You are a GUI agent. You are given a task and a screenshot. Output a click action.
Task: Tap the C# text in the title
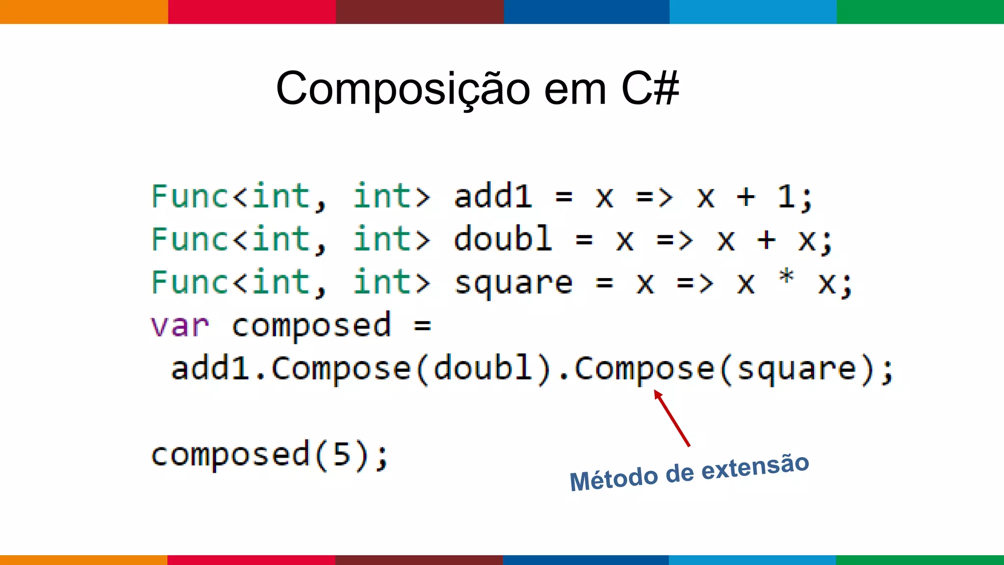click(650, 88)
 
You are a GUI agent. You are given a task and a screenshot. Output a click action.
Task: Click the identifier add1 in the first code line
click(493, 197)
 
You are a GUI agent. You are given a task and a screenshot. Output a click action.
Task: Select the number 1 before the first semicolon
click(786, 197)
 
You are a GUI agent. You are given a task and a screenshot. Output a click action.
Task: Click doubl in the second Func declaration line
click(502, 239)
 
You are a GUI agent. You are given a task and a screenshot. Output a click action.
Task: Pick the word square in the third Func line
click(513, 283)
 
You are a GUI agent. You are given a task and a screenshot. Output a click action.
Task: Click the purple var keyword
click(180, 326)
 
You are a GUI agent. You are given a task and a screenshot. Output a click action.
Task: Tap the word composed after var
click(311, 326)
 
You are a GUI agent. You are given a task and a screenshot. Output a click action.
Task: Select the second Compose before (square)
click(644, 369)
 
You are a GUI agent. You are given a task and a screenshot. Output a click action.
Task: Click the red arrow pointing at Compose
click(672, 418)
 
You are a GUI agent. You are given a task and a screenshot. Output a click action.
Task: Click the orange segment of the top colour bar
click(84, 12)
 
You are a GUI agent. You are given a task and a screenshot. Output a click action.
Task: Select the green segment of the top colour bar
click(920, 12)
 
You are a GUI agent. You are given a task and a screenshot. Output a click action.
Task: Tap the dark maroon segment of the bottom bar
click(419, 560)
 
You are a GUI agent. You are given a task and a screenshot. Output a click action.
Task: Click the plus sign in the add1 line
click(746, 197)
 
